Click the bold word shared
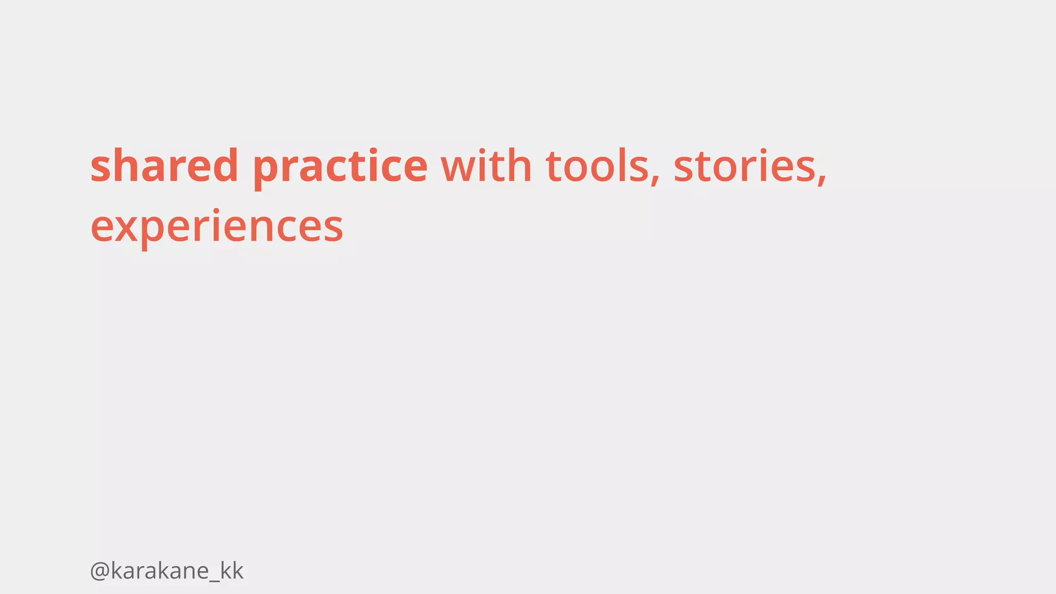164,166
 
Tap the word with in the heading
486,166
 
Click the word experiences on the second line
217,227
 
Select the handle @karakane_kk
166,571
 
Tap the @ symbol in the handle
99,571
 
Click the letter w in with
459,168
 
